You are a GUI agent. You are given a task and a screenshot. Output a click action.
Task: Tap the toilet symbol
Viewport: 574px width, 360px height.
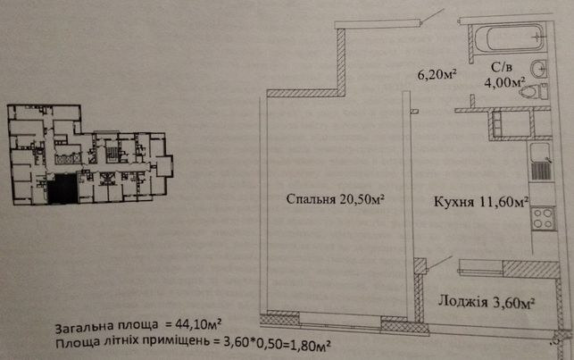[x=534, y=91]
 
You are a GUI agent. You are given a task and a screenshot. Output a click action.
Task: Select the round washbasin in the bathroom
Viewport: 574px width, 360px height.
[x=539, y=69]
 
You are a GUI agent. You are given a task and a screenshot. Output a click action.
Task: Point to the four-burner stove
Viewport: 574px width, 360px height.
[x=543, y=218]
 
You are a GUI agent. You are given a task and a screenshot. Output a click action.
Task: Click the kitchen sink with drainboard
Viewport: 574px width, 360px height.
[x=539, y=162]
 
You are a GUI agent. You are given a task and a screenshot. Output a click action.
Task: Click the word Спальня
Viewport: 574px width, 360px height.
[x=311, y=199]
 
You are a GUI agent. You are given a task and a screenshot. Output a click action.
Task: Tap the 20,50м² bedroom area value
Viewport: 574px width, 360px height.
[x=362, y=199]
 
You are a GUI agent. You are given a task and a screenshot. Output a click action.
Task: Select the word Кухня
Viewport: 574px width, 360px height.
[x=453, y=202]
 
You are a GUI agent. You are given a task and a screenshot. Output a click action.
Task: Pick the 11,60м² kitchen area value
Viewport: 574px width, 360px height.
[x=503, y=201]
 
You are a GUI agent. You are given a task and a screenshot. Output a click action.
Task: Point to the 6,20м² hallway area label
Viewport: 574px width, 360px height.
[x=437, y=75]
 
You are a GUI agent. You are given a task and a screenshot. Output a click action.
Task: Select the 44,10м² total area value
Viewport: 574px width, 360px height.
[x=198, y=323]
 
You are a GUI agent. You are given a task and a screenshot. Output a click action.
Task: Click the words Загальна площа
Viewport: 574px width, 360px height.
[x=106, y=325]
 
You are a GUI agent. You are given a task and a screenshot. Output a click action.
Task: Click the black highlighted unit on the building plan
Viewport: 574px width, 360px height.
[x=62, y=189]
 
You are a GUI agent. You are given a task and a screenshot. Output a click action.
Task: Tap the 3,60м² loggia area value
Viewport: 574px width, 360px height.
[x=513, y=303]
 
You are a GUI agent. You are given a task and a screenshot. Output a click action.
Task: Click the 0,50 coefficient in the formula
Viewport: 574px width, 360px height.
[x=261, y=343]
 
